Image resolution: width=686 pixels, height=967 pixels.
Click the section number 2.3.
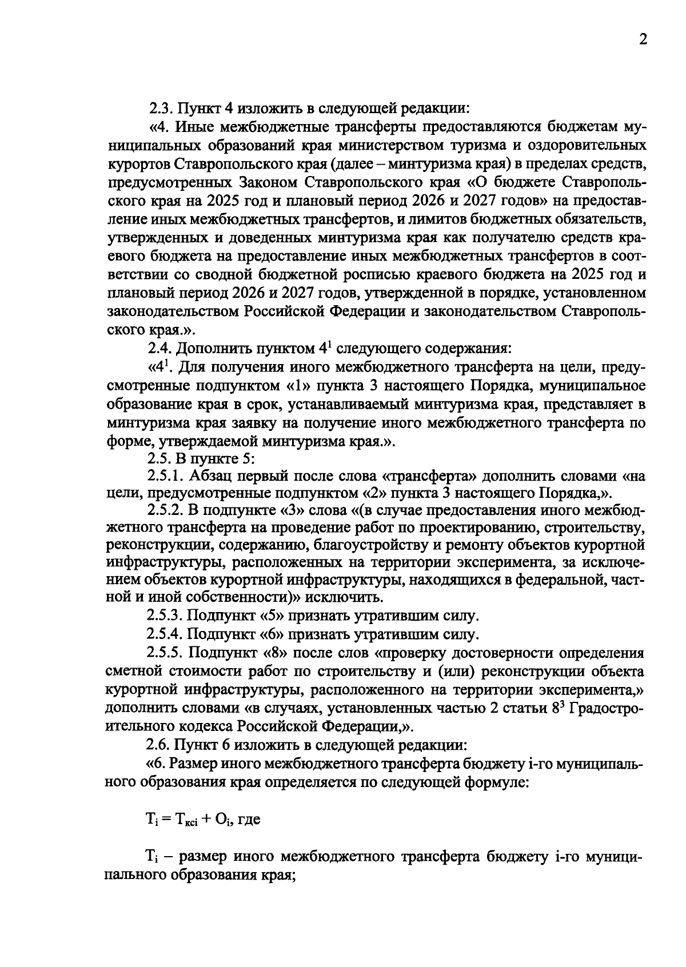point(161,107)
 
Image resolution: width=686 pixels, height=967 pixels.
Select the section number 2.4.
point(161,348)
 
